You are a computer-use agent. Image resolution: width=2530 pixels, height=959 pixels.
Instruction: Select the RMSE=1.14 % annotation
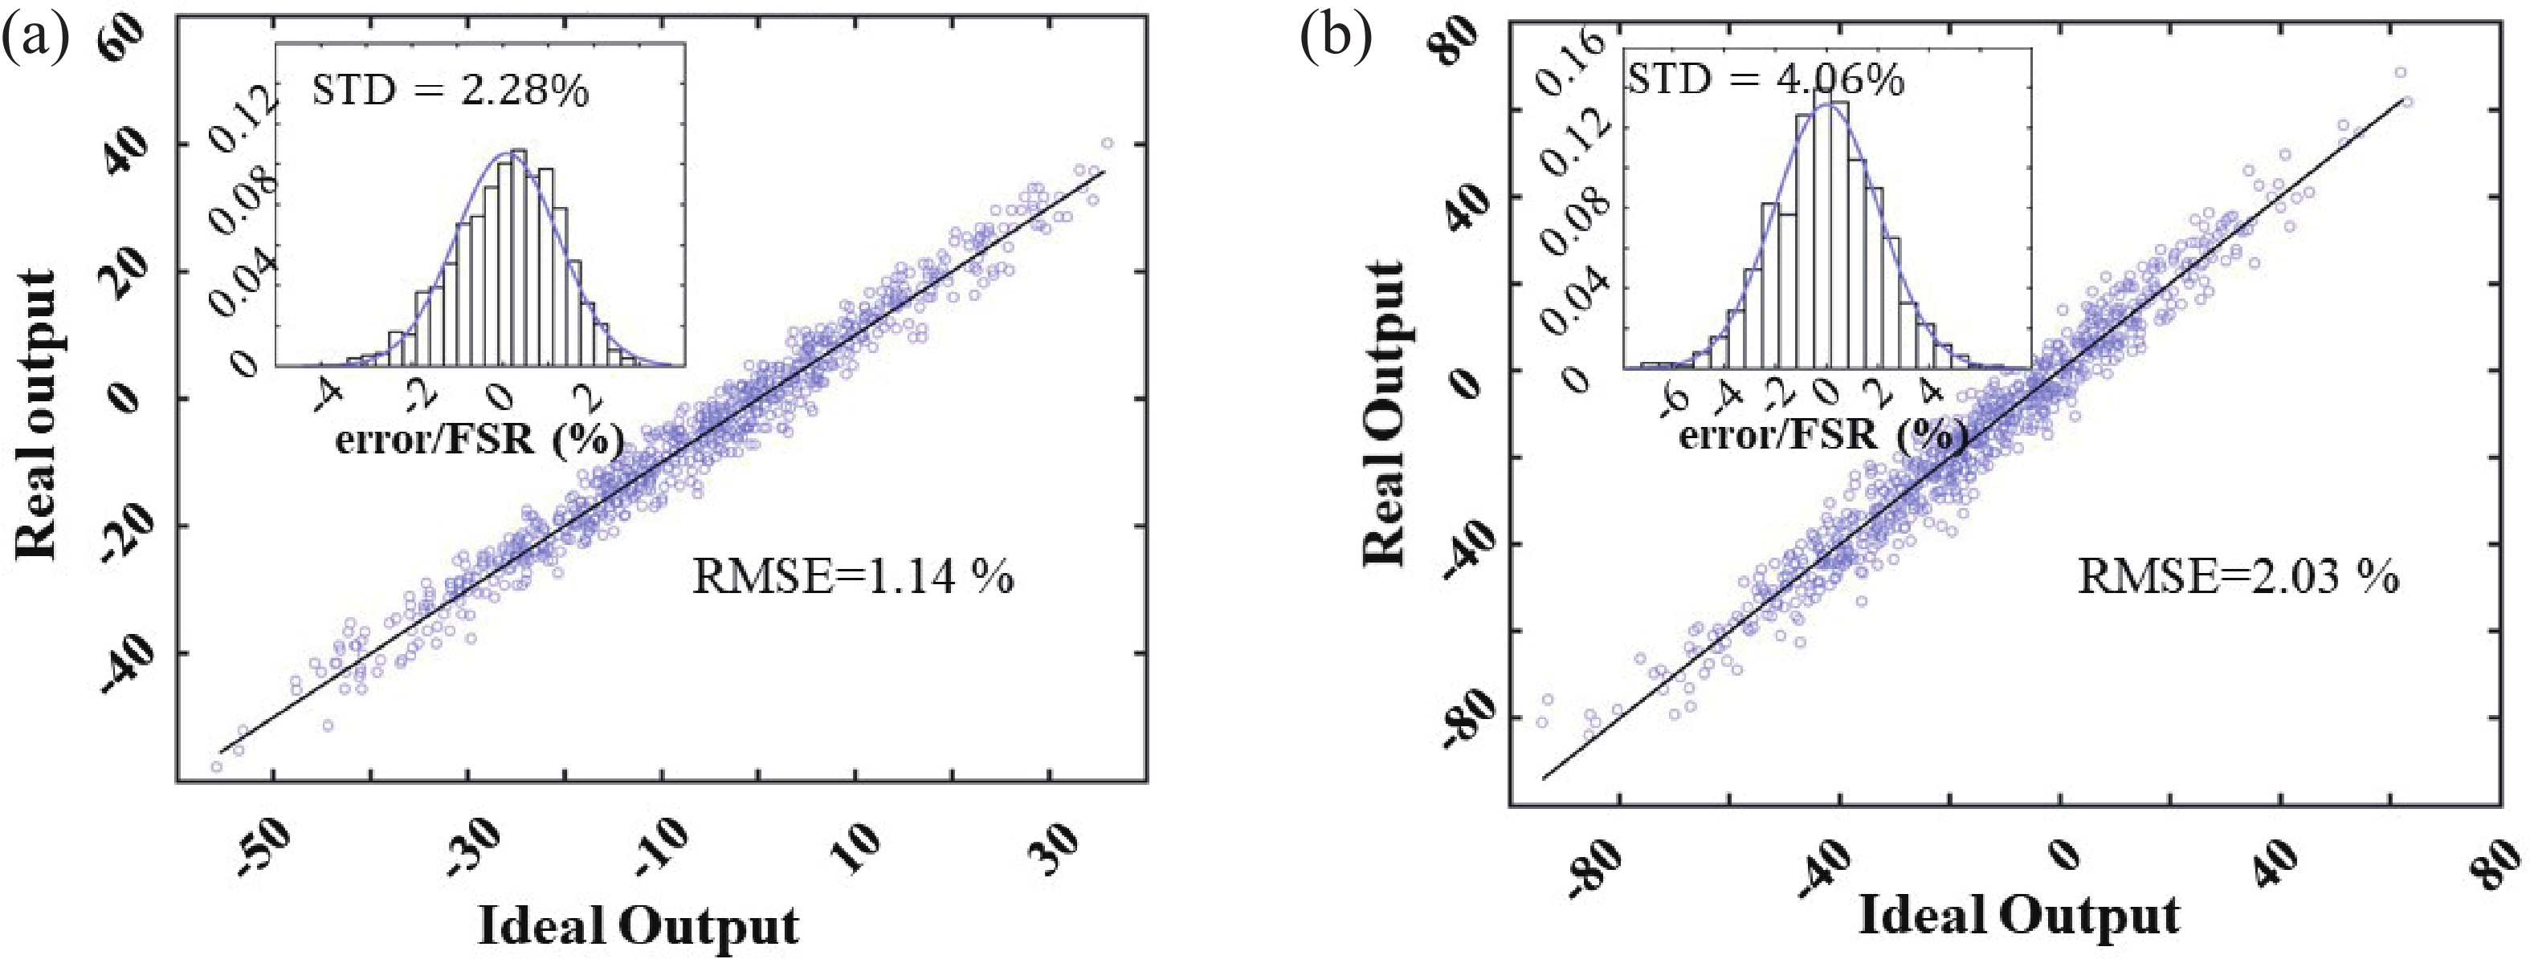852,576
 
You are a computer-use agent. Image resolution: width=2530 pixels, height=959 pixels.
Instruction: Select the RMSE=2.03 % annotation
2238,576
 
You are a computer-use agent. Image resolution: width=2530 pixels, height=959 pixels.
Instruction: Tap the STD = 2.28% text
451,91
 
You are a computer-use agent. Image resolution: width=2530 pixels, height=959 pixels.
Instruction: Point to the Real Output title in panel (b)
1385,413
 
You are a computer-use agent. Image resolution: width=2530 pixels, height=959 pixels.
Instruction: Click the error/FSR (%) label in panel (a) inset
480,440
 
